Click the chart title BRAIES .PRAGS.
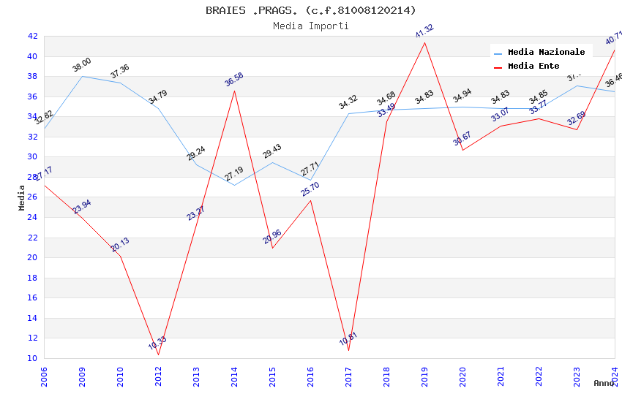point(310,10)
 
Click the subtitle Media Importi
point(310,26)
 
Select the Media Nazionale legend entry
point(546,53)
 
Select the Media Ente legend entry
point(533,67)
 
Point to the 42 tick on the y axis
point(32,36)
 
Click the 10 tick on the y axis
point(32,358)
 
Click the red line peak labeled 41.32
point(424,42)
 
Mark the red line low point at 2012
point(158,355)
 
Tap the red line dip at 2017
point(348,351)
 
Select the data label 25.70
point(310,189)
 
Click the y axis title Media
point(22,197)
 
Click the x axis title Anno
point(604,383)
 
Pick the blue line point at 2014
point(234,185)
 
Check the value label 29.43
point(271,151)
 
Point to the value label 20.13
point(120,245)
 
